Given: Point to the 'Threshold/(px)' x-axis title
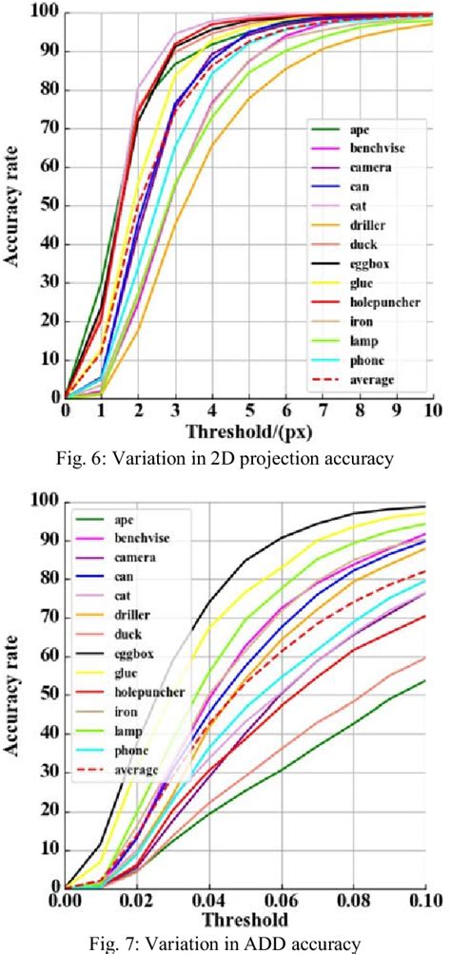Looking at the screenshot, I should (x=246, y=430).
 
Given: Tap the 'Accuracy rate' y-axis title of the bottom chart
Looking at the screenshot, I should (x=16, y=696).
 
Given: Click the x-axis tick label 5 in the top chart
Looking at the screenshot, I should (x=249, y=410).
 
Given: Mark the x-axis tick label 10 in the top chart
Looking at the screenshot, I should (x=433, y=410).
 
